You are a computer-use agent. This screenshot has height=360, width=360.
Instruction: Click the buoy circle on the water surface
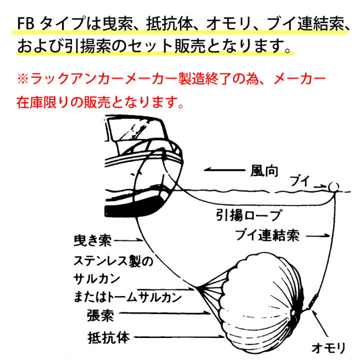coord(333,186)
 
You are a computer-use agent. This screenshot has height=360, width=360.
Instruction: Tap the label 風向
coord(264,171)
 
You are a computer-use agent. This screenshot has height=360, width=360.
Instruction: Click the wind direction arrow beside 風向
coord(224,170)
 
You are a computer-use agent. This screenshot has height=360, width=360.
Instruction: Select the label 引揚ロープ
coord(248,215)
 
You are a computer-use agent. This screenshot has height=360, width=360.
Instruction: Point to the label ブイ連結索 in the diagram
coord(267,235)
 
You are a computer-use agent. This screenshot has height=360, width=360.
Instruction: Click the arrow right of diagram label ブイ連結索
coord(318,235)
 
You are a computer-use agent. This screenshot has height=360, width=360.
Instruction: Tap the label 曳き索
coord(92,240)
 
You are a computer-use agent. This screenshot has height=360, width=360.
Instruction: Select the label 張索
coord(100,315)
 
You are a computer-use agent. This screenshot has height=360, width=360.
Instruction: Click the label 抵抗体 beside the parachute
coord(108,337)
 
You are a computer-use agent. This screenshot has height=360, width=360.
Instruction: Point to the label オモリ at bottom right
coord(328,348)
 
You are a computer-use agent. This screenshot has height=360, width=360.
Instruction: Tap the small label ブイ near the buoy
coord(299,181)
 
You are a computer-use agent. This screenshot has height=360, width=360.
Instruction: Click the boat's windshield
coord(136,130)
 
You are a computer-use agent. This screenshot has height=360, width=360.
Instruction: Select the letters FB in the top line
coord(25,24)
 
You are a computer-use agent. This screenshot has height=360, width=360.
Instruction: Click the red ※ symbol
coord(22,79)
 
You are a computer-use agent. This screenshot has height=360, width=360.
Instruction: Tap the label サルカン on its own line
coord(96,278)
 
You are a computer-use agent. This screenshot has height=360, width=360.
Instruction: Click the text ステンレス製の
coord(113,261)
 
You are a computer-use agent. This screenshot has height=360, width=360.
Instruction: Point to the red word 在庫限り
coord(43,102)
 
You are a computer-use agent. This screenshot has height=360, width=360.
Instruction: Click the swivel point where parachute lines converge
coord(197,287)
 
